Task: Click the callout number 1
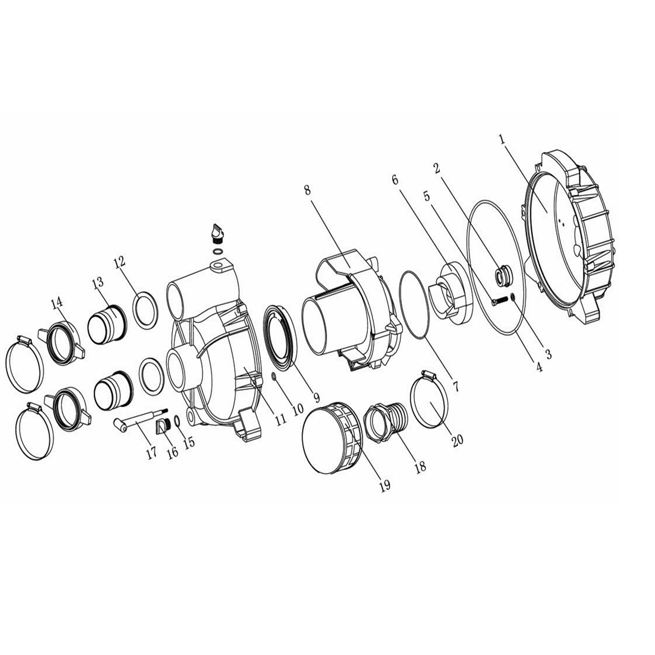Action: coord(501,139)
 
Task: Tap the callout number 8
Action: coord(307,190)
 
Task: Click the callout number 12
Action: coord(119,262)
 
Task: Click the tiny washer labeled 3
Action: coord(513,297)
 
